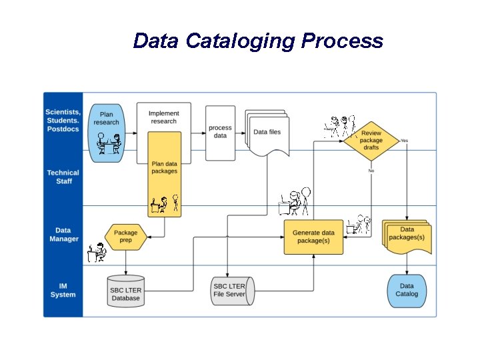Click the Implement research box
[x=163, y=117]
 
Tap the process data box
[x=220, y=132]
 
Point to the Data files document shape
[x=267, y=133]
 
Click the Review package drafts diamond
[x=371, y=141]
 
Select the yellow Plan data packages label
[x=165, y=167]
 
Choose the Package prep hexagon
[x=125, y=237]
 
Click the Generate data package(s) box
[x=313, y=237]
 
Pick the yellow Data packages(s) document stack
[x=407, y=235]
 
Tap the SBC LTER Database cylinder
[x=126, y=291]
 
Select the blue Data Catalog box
[x=407, y=290]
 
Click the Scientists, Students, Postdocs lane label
[x=63, y=121]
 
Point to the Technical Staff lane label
[x=63, y=177]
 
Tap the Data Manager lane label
[x=63, y=235]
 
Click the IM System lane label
[x=63, y=290]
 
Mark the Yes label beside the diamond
[x=404, y=141]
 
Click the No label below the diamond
[x=371, y=171]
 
